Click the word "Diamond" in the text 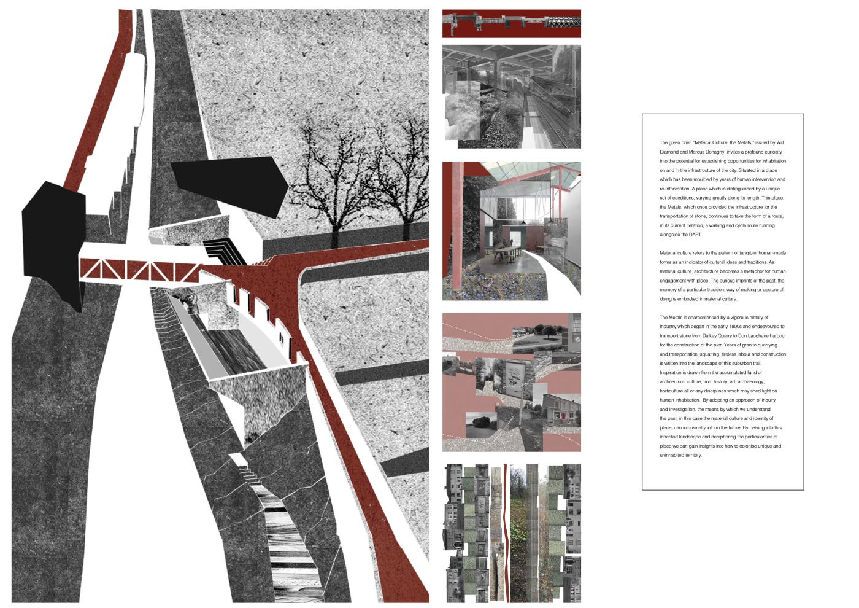tap(668, 152)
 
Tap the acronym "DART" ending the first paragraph tap(695, 235)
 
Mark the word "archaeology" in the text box tap(751, 382)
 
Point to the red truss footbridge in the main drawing tap(140, 270)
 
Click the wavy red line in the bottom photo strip tap(507, 533)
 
